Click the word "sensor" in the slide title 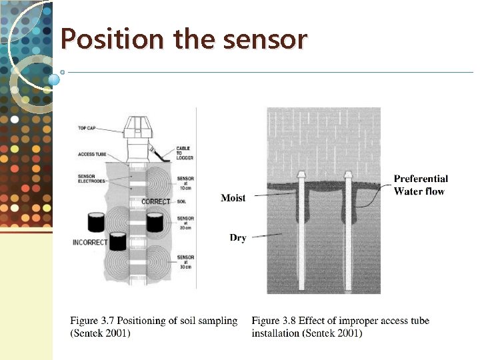tap(265, 39)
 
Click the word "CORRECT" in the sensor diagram tap(156, 202)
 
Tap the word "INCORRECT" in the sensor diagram tap(89, 242)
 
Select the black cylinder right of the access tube tap(155, 221)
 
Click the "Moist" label tap(233, 197)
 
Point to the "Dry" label tap(238, 237)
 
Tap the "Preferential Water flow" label tap(420, 185)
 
